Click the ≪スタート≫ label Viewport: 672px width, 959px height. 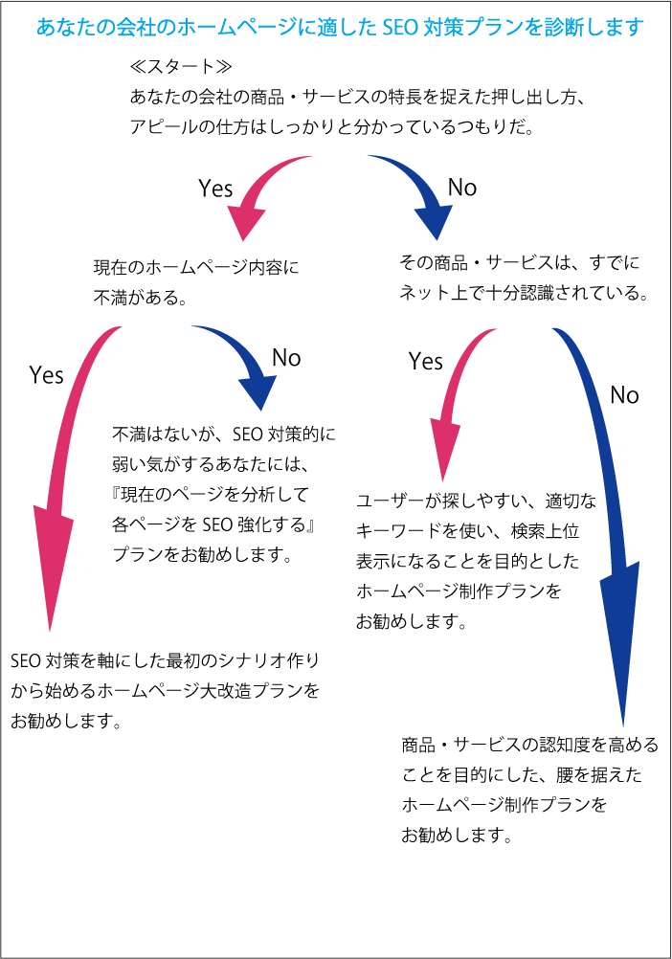181,66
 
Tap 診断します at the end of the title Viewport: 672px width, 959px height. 594,28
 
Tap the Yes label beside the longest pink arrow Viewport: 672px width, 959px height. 47,375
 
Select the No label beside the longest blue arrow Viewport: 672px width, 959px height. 624,395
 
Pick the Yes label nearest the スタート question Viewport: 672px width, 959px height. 215,189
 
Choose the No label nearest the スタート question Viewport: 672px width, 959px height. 462,188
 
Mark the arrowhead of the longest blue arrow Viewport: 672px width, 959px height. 620,642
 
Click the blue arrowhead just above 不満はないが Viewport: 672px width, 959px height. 258,392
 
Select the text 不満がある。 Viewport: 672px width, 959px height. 141,298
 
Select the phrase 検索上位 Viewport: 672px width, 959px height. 545,531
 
